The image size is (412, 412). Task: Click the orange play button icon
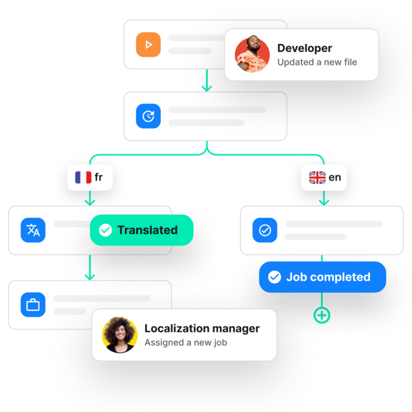pyautogui.click(x=148, y=45)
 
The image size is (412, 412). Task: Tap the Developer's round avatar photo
pyautogui.click(x=252, y=55)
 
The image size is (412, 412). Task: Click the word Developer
pyautogui.click(x=305, y=48)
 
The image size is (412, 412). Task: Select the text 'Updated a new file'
pyautogui.click(x=317, y=62)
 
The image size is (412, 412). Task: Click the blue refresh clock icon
pyautogui.click(x=148, y=116)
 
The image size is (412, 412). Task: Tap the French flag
pyautogui.click(x=83, y=177)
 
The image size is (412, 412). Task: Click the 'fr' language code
pyautogui.click(x=99, y=177)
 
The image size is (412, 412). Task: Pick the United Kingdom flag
pyautogui.click(x=317, y=177)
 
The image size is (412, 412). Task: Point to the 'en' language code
pyautogui.click(x=335, y=177)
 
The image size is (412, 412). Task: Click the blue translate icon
pyautogui.click(x=33, y=230)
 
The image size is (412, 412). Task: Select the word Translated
pyautogui.click(x=147, y=230)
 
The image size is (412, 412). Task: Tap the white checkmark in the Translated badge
pyautogui.click(x=105, y=230)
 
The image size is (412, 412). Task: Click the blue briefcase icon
pyautogui.click(x=33, y=305)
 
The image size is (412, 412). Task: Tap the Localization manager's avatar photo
pyautogui.click(x=119, y=335)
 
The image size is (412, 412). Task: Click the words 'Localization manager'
pyautogui.click(x=202, y=328)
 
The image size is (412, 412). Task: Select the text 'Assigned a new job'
pyautogui.click(x=186, y=343)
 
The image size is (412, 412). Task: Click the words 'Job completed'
pyautogui.click(x=328, y=277)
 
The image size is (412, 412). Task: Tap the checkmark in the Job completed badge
pyautogui.click(x=274, y=277)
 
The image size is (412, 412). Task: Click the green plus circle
pyautogui.click(x=322, y=316)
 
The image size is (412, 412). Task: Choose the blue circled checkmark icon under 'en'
pyautogui.click(x=265, y=230)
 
